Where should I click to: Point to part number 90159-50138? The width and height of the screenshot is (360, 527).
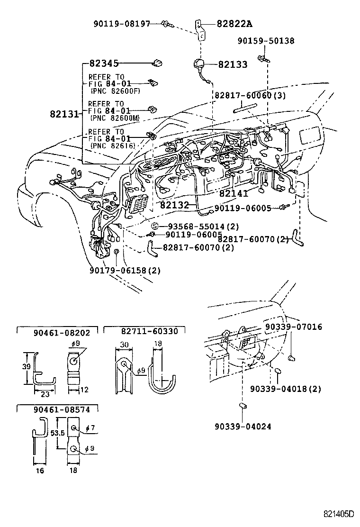(x=266, y=41)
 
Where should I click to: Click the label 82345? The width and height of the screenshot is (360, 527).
(x=104, y=63)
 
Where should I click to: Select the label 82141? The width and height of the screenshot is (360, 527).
(x=234, y=194)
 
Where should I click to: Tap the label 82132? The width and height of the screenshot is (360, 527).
(x=174, y=205)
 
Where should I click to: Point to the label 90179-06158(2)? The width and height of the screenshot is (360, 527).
(x=125, y=271)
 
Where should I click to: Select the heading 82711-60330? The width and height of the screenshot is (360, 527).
(x=145, y=331)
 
